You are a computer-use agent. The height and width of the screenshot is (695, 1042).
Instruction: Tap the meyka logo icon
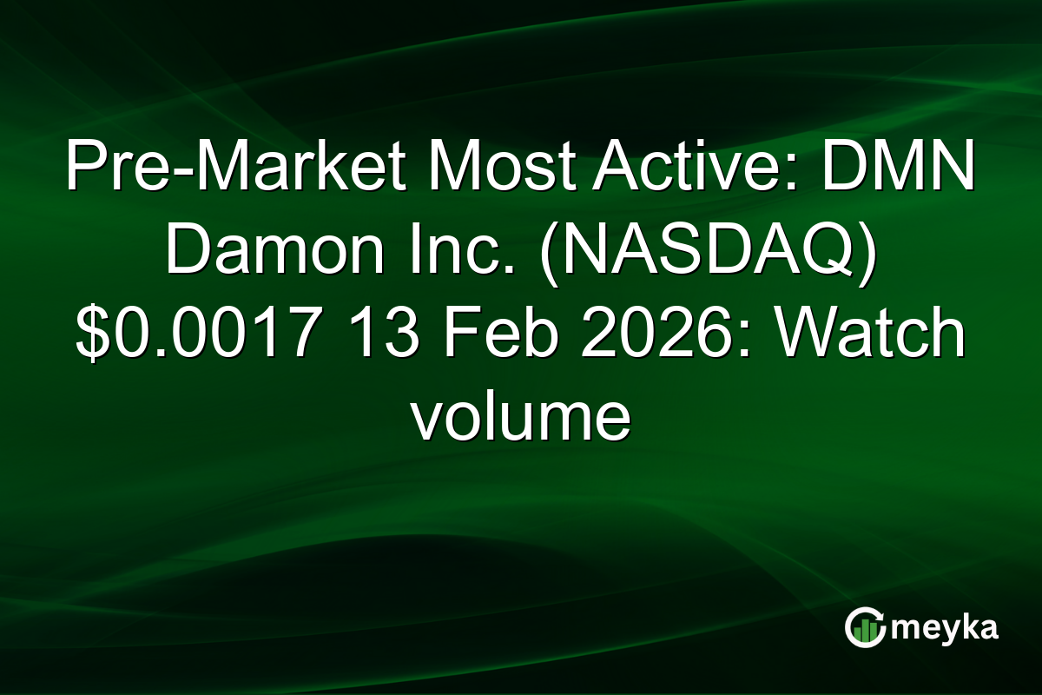[x=865, y=627]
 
